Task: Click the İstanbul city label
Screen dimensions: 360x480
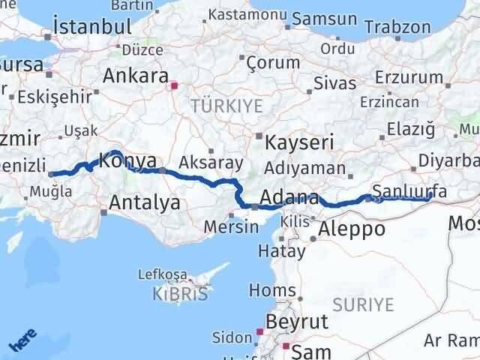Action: (88, 27)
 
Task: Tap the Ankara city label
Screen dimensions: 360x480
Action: (136, 76)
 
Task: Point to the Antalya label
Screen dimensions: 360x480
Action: (145, 202)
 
